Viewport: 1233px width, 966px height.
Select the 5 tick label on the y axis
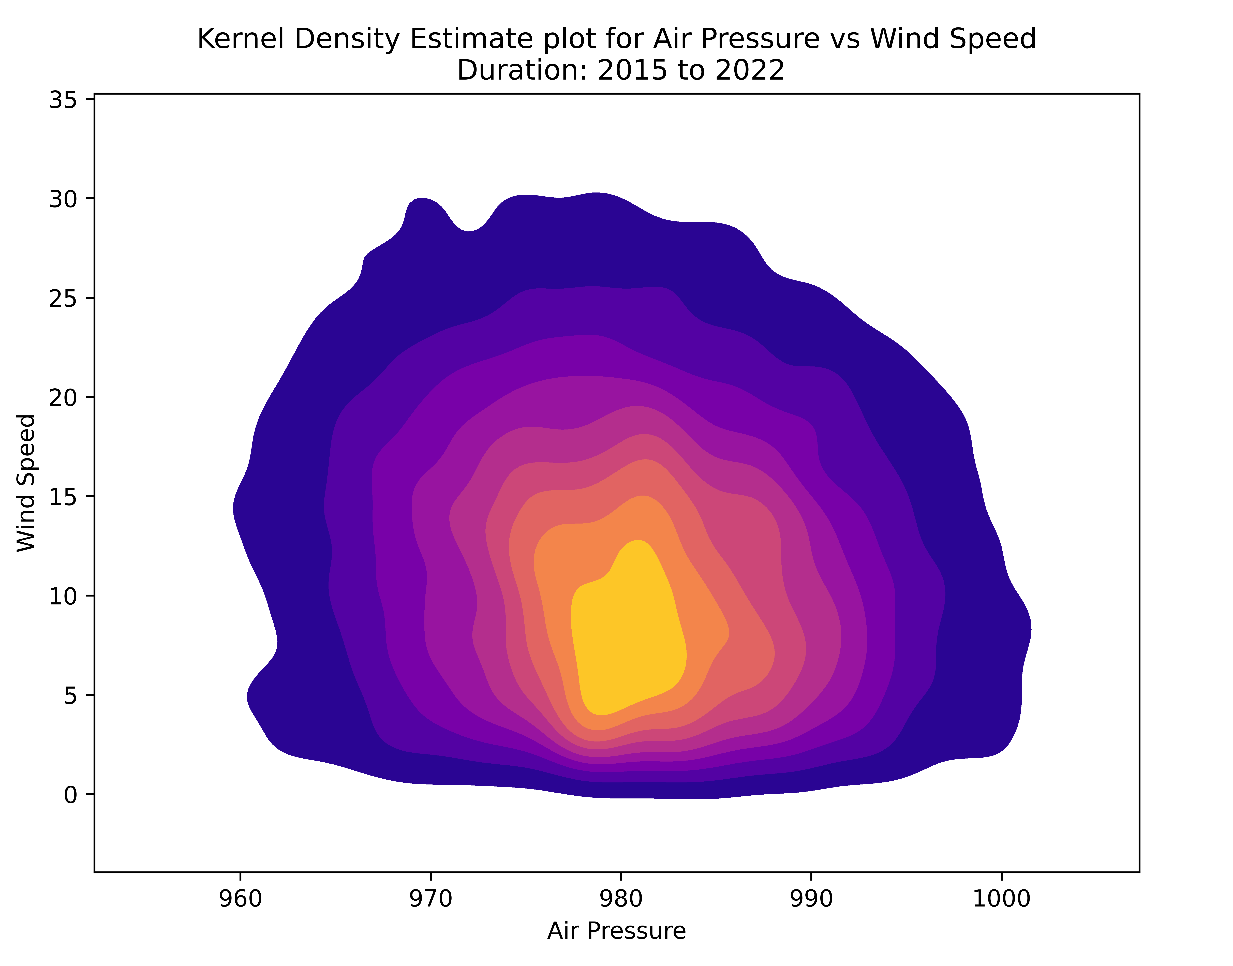(71, 696)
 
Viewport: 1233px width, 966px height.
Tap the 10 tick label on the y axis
(63, 596)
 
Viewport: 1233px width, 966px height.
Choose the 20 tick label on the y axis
(63, 398)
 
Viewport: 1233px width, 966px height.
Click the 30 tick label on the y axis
(63, 199)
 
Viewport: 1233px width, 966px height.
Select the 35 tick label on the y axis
(63, 100)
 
